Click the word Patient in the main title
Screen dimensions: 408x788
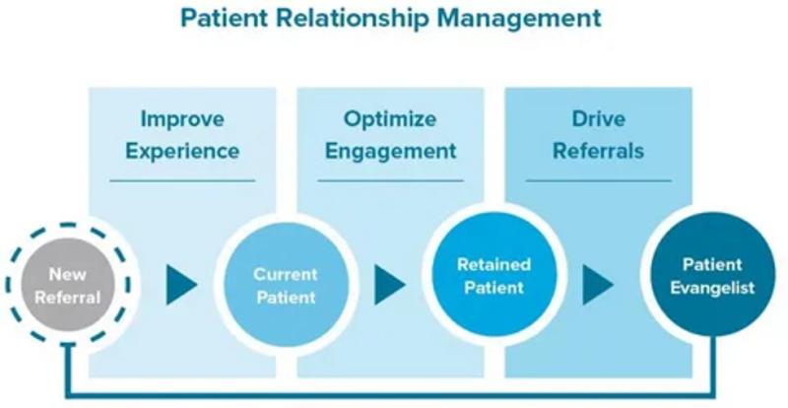tap(230, 18)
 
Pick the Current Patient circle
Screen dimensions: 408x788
tap(285, 285)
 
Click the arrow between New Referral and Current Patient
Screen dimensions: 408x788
tap(180, 286)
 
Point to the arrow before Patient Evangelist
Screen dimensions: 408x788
tap(597, 286)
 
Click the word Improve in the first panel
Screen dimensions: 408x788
tap(181, 119)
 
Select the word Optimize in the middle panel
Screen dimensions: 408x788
tap(389, 119)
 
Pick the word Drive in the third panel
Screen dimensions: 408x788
tap(599, 119)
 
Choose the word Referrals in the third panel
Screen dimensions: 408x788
tap(599, 151)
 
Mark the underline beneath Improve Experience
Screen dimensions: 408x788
tap(182, 180)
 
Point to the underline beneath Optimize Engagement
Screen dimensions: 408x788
tap(391, 180)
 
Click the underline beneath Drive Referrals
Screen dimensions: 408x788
tap(599, 180)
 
